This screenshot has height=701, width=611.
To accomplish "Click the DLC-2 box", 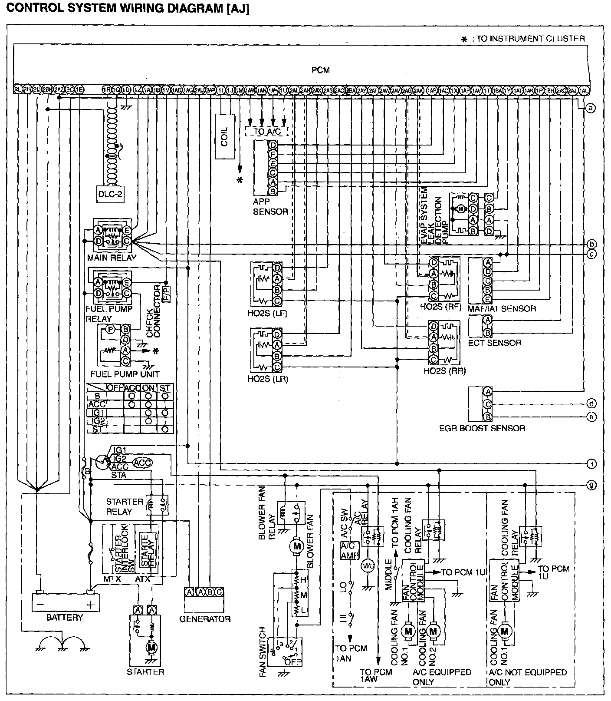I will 110,195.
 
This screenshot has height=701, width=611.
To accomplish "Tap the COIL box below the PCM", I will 224,136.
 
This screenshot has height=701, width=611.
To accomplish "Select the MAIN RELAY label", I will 112,258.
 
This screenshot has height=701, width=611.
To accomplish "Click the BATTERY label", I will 65,617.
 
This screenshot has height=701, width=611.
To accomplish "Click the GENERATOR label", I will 205,618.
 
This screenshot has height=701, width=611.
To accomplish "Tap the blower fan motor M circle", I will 297,546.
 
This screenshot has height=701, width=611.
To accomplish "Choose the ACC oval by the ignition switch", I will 142,463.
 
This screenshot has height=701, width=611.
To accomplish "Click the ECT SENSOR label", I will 495,343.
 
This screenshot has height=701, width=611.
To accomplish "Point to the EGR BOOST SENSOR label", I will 482,428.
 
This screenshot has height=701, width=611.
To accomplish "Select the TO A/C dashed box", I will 266,132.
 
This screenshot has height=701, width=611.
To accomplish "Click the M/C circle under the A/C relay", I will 367,565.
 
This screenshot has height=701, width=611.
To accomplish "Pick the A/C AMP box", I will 349,550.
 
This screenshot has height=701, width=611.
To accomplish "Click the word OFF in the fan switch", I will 291,661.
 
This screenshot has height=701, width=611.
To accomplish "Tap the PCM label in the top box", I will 320,69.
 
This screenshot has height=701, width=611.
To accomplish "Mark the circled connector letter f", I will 591,464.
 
